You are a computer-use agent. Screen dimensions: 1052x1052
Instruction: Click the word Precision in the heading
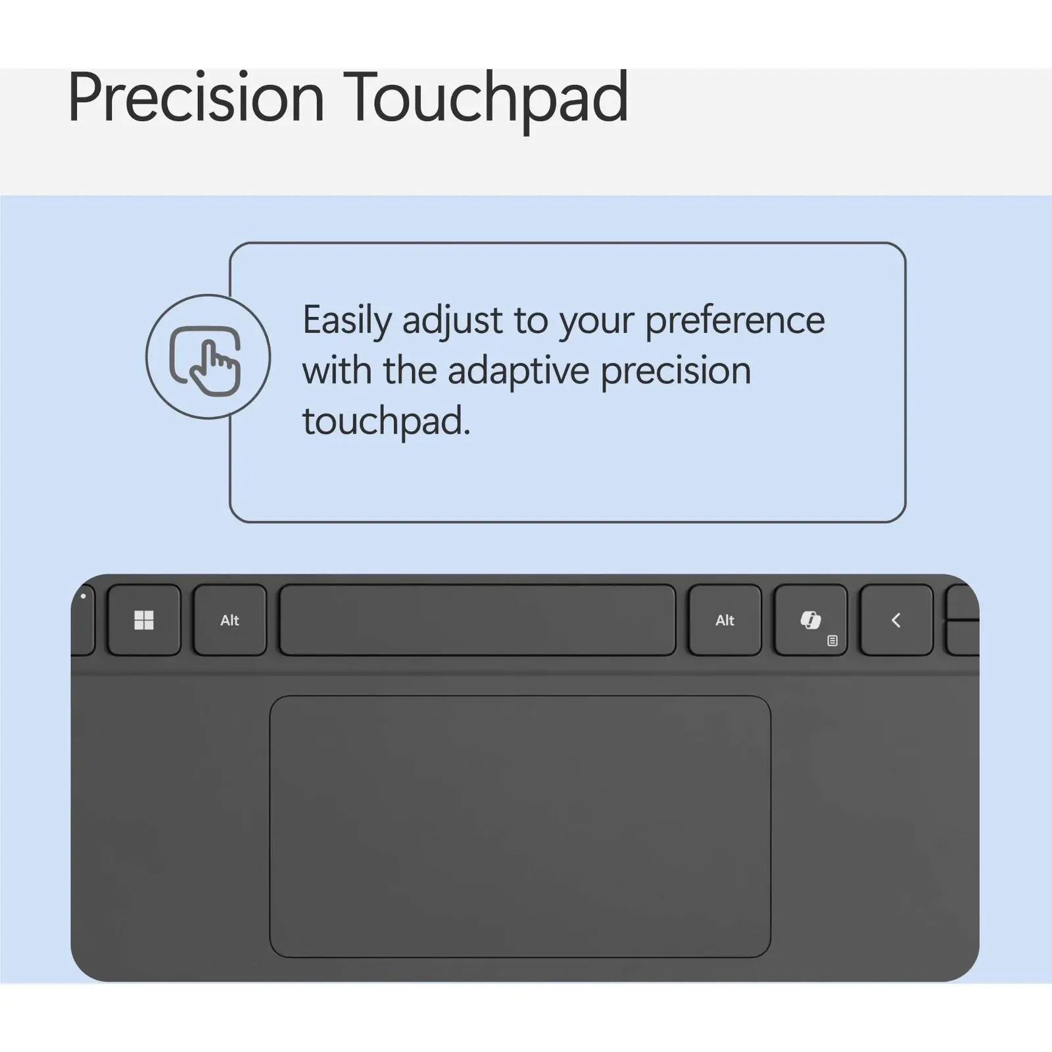[196, 97]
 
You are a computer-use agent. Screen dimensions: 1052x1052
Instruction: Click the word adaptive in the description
[519, 371]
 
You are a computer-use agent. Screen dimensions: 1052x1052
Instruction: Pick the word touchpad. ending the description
[387, 421]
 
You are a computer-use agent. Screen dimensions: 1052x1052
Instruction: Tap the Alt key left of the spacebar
[229, 620]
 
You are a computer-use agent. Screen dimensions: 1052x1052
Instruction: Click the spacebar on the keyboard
[477, 620]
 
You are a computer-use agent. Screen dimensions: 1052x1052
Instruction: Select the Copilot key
[811, 620]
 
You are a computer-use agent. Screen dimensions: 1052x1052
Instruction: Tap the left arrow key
[896, 620]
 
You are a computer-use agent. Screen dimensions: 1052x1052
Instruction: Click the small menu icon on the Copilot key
[832, 640]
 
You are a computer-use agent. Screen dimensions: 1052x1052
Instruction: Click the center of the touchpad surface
[520, 826]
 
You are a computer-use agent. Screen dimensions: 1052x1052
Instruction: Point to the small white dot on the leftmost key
[83, 596]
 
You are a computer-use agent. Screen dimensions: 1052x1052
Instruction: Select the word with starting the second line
[337, 370]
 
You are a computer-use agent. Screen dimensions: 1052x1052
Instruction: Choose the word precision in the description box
[675, 371]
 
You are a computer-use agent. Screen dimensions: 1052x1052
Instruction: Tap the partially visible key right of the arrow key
[962, 620]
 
